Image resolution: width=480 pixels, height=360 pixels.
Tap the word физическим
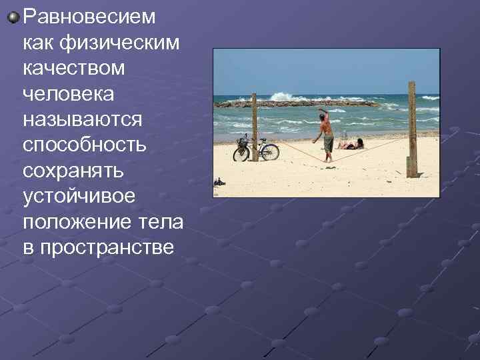click(121, 42)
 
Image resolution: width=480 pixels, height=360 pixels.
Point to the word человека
click(69, 93)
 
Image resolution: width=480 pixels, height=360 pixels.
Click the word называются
click(82, 119)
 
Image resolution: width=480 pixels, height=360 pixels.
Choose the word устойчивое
click(79, 197)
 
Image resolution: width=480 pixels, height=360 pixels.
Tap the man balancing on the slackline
click(326, 135)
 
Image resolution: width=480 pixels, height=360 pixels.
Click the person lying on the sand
click(352, 144)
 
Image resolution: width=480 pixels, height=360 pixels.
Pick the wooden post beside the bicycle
click(254, 127)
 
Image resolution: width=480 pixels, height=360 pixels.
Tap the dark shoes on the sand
click(219, 182)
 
